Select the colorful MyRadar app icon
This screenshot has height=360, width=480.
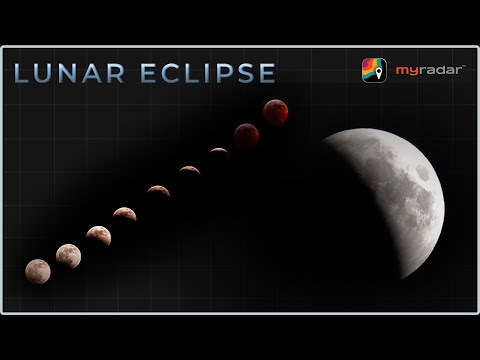(373, 71)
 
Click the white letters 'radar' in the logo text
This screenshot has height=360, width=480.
(434, 71)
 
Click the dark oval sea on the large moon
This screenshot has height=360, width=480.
(424, 173)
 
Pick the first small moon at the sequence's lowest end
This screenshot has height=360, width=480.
(37, 270)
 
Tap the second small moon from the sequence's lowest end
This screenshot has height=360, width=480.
(67, 256)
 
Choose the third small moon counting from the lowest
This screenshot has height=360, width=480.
(97, 235)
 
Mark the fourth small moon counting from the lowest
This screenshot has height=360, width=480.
(124, 213)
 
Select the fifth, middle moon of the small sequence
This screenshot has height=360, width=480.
(158, 190)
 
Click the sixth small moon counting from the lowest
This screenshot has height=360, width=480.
(189, 170)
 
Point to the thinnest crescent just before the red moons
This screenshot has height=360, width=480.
(218, 151)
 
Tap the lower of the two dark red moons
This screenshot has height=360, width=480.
(246, 134)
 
